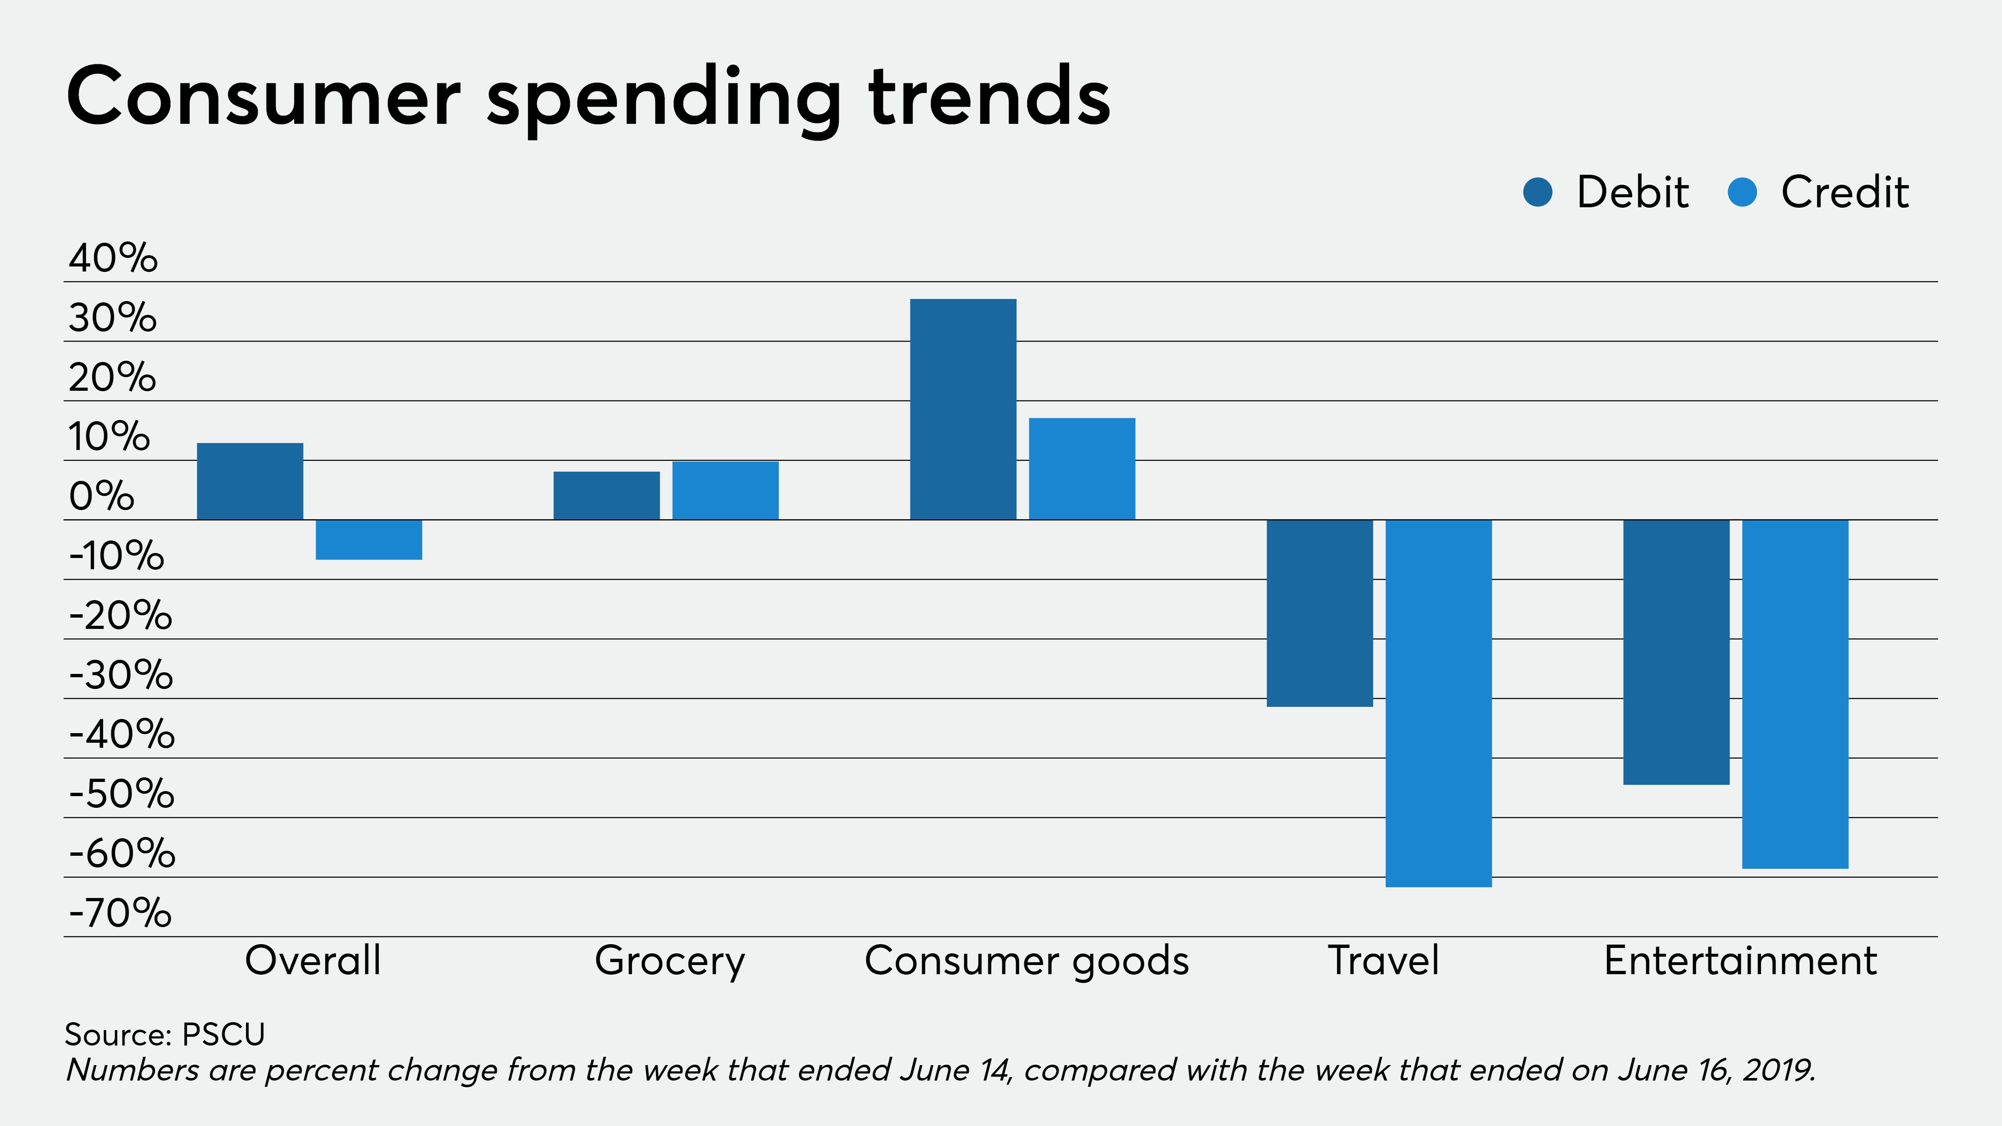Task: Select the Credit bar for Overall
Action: [x=368, y=539]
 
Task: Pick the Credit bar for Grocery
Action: [x=725, y=490]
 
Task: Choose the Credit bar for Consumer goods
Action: [x=1082, y=469]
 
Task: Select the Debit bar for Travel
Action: [x=1320, y=613]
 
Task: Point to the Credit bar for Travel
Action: [x=1439, y=703]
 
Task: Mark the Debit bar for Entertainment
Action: [x=1676, y=652]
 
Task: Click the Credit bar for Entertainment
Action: [x=1795, y=694]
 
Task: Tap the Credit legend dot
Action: [x=1743, y=192]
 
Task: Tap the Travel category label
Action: [x=1383, y=960]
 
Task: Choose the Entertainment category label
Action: [x=1740, y=960]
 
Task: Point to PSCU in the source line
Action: [x=224, y=1034]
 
